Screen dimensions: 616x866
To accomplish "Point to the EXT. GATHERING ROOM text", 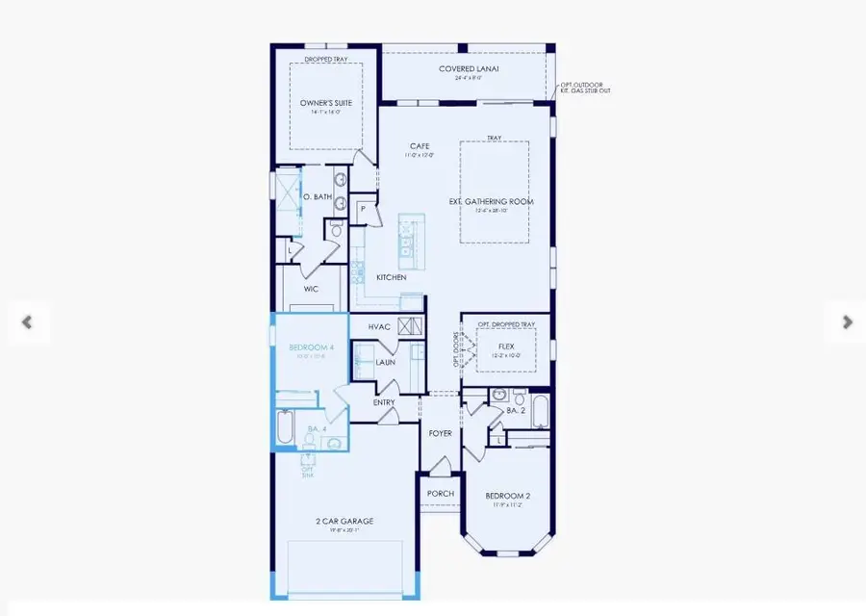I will click(491, 202).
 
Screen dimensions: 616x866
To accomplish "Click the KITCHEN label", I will click(392, 277).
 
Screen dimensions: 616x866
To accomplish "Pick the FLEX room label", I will click(506, 346).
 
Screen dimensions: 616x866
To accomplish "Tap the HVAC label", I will click(379, 327).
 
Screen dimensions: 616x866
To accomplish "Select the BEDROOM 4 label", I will click(312, 346).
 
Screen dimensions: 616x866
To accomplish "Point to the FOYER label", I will click(441, 434).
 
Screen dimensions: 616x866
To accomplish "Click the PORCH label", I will click(440, 494).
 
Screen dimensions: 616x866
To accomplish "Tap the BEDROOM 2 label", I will click(508, 496).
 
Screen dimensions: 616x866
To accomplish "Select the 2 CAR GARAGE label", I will click(344, 522).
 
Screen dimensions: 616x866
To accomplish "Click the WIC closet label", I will click(311, 289).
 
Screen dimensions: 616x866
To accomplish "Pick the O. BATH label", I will click(317, 197).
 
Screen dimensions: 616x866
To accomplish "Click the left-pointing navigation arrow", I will click(28, 322).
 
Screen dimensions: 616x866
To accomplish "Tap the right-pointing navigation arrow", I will click(846, 322).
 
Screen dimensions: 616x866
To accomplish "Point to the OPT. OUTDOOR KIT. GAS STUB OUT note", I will click(585, 89).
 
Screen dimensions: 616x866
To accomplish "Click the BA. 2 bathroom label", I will click(516, 410).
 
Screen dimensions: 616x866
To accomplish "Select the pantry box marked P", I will click(364, 209).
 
